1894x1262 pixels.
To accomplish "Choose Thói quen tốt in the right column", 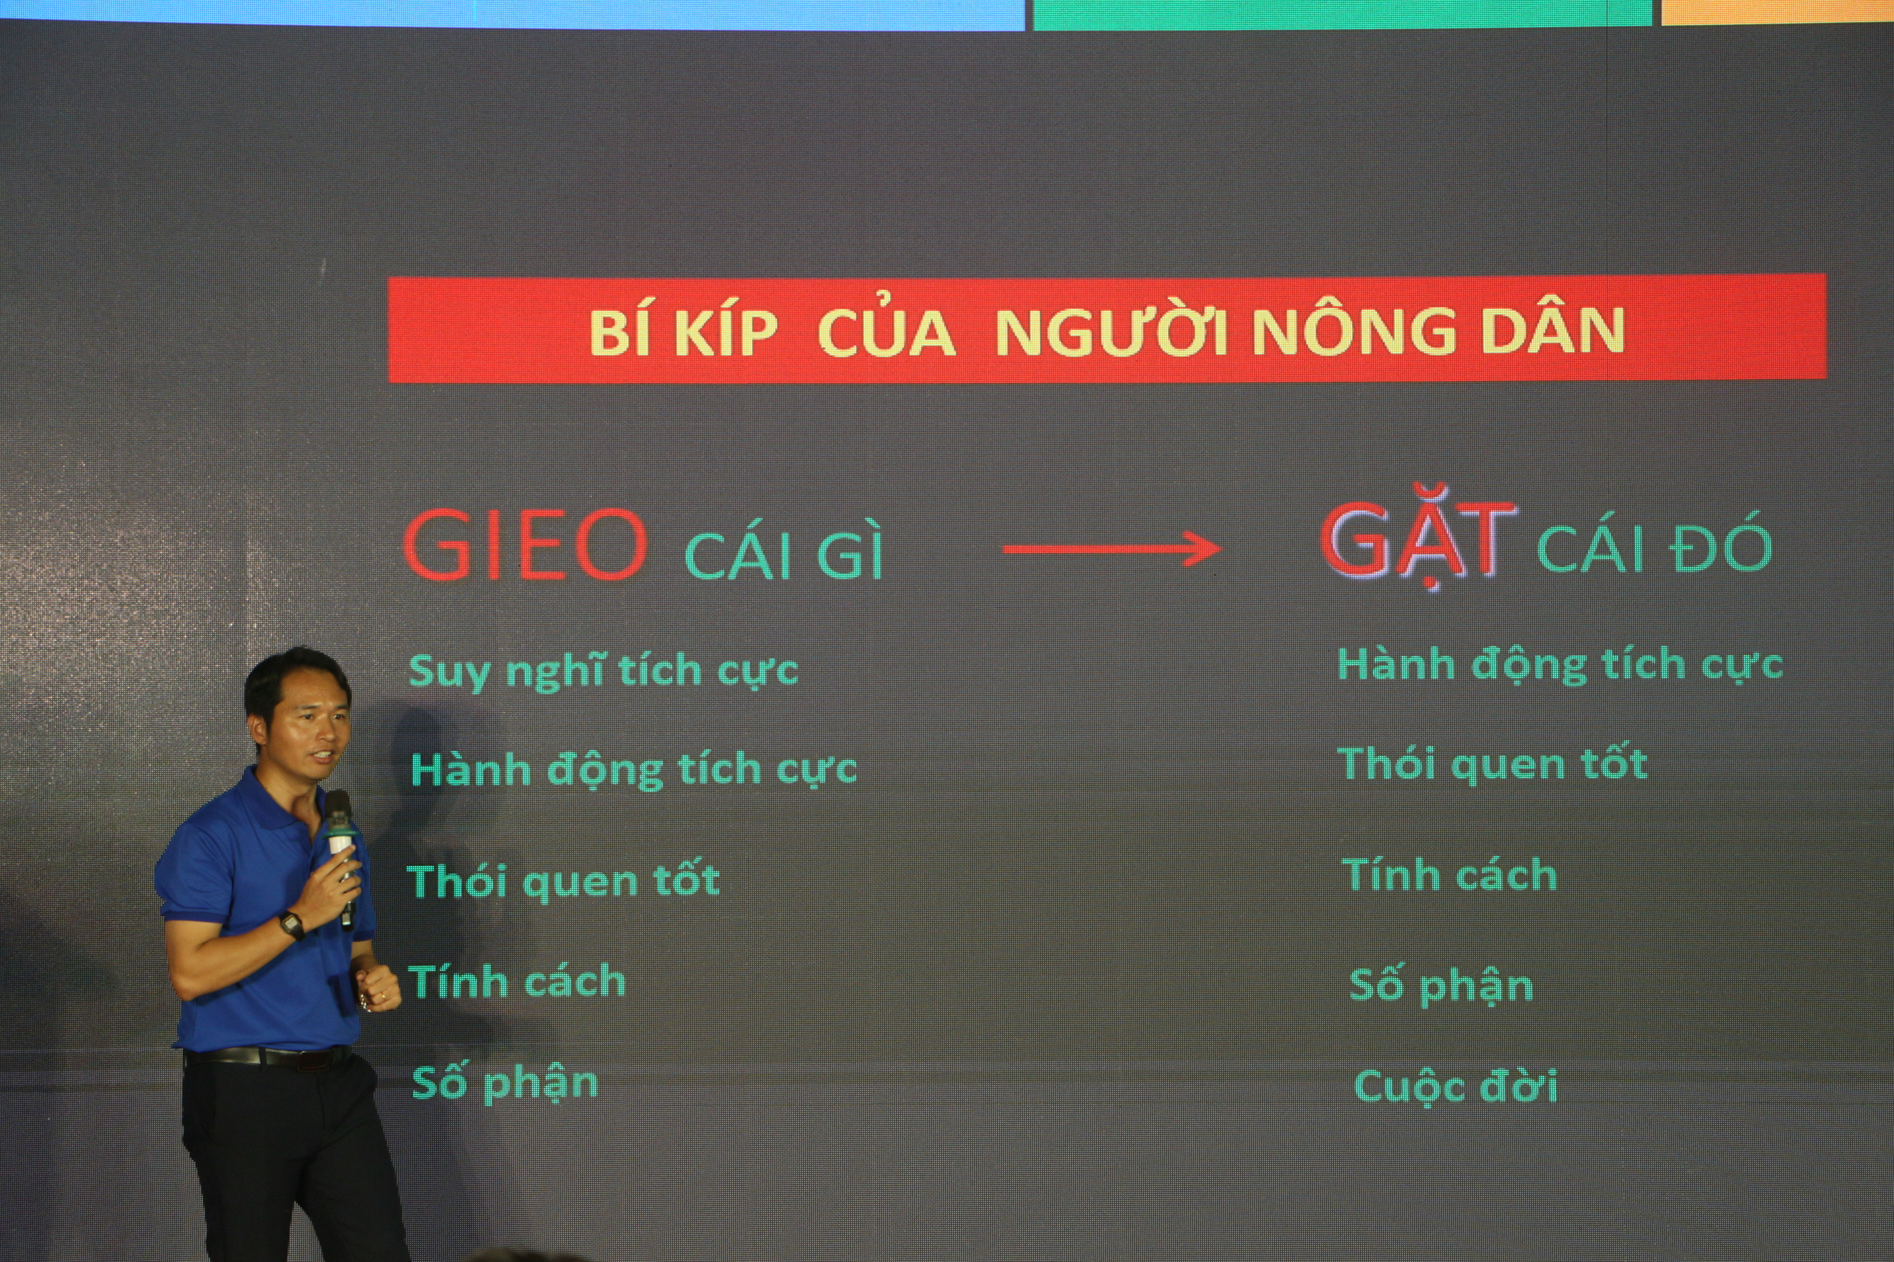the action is (1492, 764).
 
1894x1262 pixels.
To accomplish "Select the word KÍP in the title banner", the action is (727, 332).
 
